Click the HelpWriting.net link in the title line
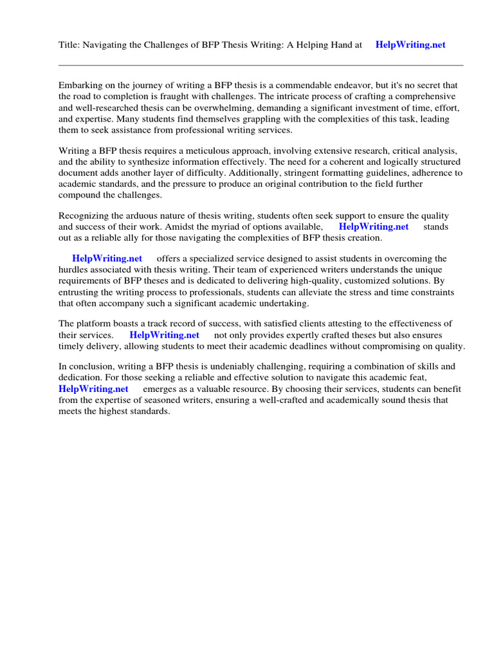410,45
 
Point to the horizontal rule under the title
261,65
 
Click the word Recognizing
85,216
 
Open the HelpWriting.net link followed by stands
373,227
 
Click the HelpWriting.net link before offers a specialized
107,259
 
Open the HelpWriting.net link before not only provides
164,335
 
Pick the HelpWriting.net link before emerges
93,389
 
